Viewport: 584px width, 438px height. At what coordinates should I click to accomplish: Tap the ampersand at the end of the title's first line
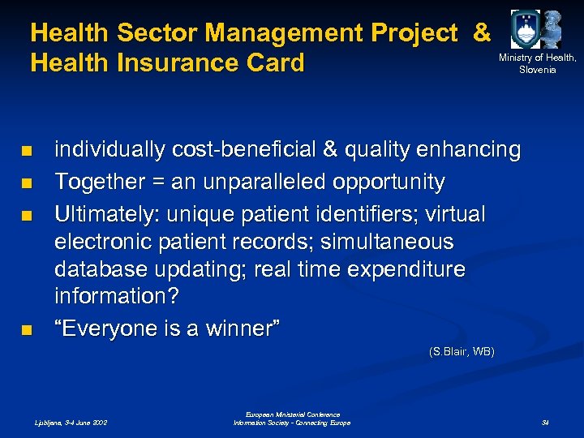pyautogui.click(x=481, y=33)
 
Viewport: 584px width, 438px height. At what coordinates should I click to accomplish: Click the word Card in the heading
pyautogui.click(x=275, y=62)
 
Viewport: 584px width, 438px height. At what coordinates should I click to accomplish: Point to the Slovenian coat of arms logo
pyautogui.click(x=524, y=29)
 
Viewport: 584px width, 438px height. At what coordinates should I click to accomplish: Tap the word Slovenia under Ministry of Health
pyautogui.click(x=538, y=70)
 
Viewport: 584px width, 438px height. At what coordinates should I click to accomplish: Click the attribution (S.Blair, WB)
pyautogui.click(x=461, y=351)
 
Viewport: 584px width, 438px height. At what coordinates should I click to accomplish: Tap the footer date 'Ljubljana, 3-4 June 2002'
pyautogui.click(x=70, y=423)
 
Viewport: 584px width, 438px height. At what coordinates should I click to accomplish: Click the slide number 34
pyautogui.click(x=546, y=423)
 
